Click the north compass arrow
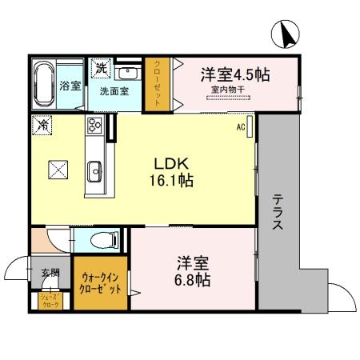[286, 35]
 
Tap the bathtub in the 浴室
[44, 85]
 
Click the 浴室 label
[70, 86]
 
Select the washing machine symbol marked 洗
[101, 69]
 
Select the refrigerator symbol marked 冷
[42, 125]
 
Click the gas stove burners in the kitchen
[94, 125]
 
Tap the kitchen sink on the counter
[94, 169]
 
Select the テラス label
[277, 213]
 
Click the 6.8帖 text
[194, 281]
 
